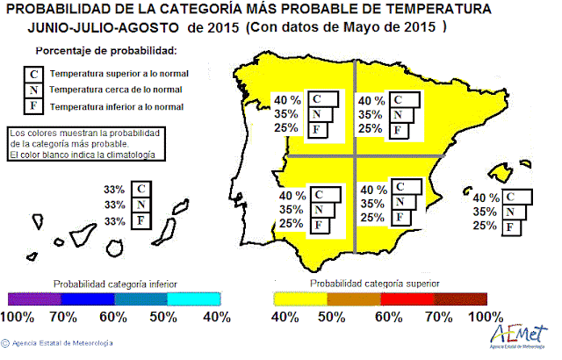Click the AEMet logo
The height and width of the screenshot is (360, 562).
(x=519, y=335)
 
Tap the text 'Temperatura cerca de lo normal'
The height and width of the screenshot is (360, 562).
(x=116, y=90)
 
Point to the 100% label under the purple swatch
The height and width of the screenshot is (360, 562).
(x=23, y=316)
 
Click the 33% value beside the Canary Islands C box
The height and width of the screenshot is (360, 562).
(x=113, y=189)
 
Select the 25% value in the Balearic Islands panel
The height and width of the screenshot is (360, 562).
(x=484, y=226)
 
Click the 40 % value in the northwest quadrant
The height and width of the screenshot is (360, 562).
(x=288, y=99)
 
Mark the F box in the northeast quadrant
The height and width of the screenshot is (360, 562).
(x=400, y=130)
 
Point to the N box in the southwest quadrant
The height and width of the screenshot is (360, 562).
(x=320, y=209)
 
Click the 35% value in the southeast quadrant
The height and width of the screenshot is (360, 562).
(x=372, y=203)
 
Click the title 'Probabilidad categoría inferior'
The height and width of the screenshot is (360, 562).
(x=115, y=284)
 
